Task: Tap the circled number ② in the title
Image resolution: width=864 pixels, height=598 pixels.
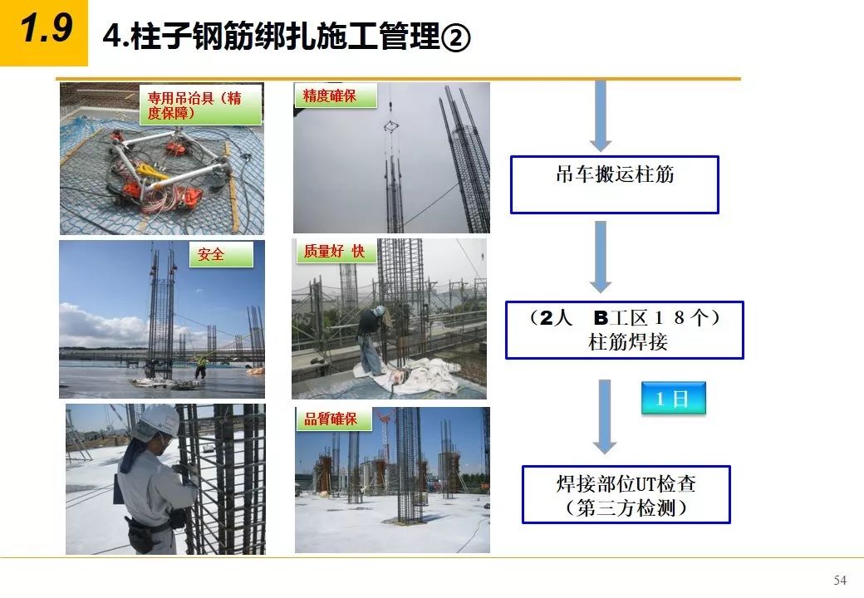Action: pyautogui.click(x=455, y=38)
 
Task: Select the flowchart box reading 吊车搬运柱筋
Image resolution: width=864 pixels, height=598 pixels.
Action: pyautogui.click(x=615, y=184)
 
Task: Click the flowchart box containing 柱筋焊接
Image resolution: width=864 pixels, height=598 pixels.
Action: pyautogui.click(x=624, y=330)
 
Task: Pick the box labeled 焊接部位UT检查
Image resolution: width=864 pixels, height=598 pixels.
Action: pyautogui.click(x=626, y=494)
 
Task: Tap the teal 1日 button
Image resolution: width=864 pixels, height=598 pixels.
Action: pyautogui.click(x=674, y=398)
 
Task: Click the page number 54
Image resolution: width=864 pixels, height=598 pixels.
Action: pyautogui.click(x=840, y=580)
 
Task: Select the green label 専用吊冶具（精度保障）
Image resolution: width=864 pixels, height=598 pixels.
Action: pyautogui.click(x=200, y=105)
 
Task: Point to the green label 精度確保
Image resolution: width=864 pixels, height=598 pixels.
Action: pyautogui.click(x=336, y=96)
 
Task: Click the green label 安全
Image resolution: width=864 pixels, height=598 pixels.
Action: pyautogui.click(x=221, y=254)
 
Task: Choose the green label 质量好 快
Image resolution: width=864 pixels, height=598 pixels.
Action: pyautogui.click(x=336, y=251)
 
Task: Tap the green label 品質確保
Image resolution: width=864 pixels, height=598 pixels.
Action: pyautogui.click(x=333, y=419)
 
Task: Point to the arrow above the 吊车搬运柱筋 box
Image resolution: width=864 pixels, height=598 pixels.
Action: pyautogui.click(x=601, y=115)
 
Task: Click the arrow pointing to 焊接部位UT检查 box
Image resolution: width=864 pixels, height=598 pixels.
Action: pyautogui.click(x=605, y=417)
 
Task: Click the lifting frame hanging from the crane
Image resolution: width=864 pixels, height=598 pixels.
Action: pyautogui.click(x=390, y=128)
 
